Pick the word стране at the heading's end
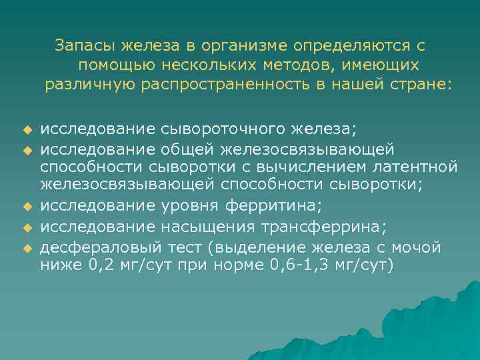(x=427, y=85)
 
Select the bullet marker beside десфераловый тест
(x=27, y=248)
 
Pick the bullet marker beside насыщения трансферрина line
(x=27, y=229)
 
